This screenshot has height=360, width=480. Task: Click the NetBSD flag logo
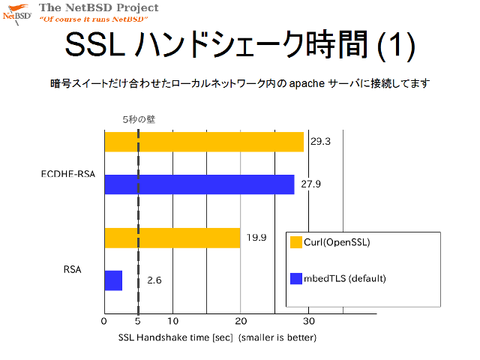[x=17, y=14]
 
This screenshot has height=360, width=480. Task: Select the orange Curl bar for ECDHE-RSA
[x=204, y=142]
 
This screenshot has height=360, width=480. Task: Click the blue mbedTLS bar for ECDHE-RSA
[x=199, y=184]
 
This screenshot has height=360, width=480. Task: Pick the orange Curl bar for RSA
[x=172, y=238]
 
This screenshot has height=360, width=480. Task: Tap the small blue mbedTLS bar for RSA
[x=113, y=280]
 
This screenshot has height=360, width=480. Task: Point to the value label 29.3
[x=320, y=142]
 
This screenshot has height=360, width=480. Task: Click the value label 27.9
[x=310, y=184]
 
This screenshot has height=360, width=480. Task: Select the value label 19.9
[x=256, y=238]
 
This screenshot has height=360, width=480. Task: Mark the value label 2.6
[x=154, y=280]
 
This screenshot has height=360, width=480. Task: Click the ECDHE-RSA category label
[x=68, y=174]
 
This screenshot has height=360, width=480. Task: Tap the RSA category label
[x=72, y=269]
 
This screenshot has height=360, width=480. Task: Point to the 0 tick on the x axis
[x=104, y=321]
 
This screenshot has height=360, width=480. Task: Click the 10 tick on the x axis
[x=172, y=321]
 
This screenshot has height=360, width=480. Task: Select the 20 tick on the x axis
[x=241, y=321]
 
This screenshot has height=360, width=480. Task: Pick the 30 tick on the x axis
[x=309, y=321]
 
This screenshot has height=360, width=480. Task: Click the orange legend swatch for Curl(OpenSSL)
[x=296, y=242]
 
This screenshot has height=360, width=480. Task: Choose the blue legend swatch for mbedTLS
[x=296, y=278]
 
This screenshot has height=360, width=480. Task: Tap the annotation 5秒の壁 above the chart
[x=139, y=119]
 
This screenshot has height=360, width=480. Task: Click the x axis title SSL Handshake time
[x=175, y=337]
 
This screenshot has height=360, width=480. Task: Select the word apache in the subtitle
[x=307, y=83]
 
